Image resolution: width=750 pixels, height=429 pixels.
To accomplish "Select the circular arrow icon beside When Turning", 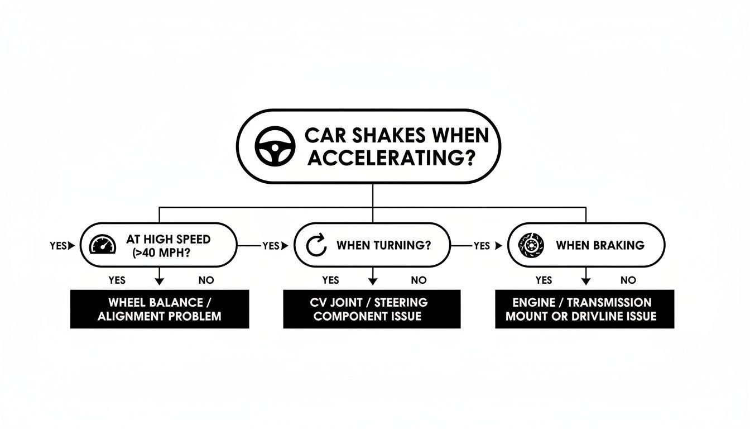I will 316,246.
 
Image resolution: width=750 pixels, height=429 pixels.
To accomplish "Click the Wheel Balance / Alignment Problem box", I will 160,309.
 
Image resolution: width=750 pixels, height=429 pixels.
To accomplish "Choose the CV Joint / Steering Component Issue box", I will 372,309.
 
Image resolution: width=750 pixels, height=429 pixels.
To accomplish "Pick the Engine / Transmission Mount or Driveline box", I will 584,309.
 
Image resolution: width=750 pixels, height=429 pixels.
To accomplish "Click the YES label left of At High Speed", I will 58,246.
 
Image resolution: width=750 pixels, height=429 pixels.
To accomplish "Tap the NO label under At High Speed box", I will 205,280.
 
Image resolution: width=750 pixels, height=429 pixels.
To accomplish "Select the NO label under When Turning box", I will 419,280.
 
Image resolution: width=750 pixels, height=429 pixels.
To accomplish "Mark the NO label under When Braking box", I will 628,280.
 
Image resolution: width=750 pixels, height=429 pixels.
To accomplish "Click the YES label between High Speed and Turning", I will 270,246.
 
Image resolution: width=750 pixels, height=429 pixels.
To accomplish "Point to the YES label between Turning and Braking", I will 481,246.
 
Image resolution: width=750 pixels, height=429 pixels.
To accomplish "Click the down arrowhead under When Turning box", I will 372,283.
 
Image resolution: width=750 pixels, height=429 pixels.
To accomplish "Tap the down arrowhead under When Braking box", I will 586,283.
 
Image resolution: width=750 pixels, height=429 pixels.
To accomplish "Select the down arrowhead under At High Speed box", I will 160,283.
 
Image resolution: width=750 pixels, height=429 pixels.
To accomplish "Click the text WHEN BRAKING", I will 600,245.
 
